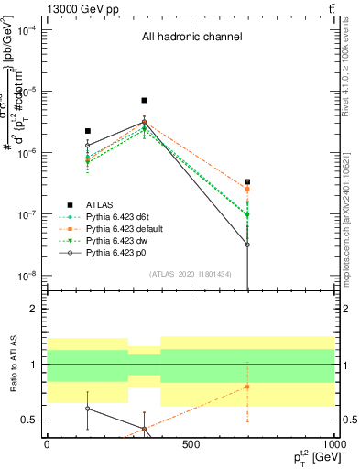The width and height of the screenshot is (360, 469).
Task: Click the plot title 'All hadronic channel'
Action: click(191, 38)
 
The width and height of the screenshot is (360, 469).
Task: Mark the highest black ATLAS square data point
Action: click(144, 101)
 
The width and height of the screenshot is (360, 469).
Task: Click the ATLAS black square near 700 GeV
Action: click(247, 182)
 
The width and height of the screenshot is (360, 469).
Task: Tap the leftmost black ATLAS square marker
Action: click(88, 131)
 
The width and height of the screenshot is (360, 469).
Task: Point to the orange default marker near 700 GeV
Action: click(247, 190)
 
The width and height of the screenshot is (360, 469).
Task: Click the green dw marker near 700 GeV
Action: click(247, 215)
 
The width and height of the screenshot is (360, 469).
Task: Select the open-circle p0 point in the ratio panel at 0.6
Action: click(88, 409)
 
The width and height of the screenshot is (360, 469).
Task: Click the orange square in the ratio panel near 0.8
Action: click(247, 387)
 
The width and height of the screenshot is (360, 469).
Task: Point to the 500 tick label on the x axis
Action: click(191, 444)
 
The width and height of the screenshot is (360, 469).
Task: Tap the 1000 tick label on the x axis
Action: click(333, 444)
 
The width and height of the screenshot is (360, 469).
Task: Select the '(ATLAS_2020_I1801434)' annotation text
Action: click(191, 274)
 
